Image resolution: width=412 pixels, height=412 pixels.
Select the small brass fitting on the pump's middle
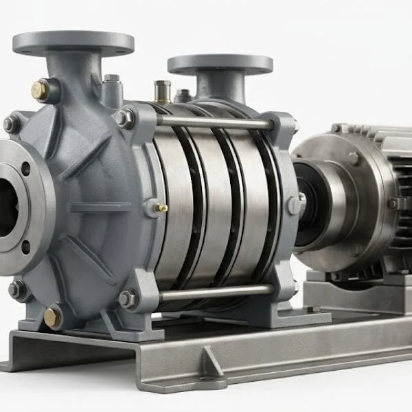162,207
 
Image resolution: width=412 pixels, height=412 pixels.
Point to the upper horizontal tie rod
213,122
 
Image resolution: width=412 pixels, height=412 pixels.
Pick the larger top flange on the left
73,43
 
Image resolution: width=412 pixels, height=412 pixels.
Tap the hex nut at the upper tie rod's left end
124,118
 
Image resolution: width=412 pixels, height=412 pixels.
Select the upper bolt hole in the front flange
25,169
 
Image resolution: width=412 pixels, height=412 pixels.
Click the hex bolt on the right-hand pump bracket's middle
294,205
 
